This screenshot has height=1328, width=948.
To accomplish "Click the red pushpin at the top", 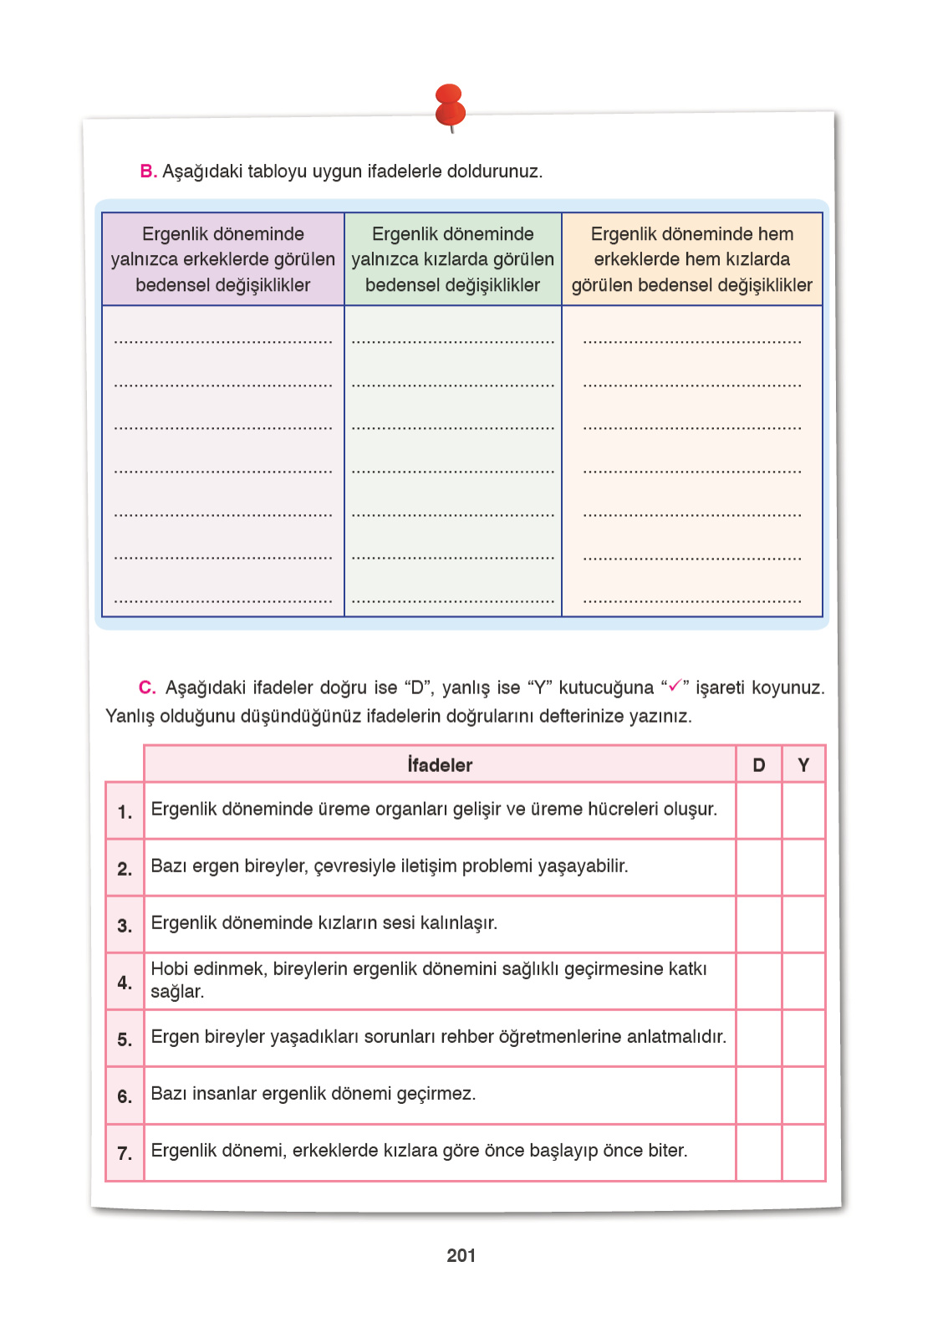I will tap(450, 106).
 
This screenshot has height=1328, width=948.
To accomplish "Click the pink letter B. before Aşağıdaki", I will tap(148, 171).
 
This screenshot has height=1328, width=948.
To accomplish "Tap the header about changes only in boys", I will tap(223, 259).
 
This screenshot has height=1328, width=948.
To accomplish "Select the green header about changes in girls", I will tap(452, 259).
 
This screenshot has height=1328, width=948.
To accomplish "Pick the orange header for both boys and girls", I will tap(691, 259).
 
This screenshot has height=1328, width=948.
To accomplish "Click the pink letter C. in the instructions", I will tap(147, 687).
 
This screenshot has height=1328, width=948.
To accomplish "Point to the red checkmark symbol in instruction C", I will tap(675, 686).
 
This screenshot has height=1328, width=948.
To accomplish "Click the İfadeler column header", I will tap(440, 764).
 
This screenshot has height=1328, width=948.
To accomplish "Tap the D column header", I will tap(758, 764).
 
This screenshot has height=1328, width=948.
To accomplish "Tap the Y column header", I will tap(803, 764).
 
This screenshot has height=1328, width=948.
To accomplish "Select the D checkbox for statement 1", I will tap(758, 810).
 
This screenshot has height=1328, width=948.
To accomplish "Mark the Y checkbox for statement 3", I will tap(803, 924).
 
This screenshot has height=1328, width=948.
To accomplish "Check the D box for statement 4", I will tap(758, 981).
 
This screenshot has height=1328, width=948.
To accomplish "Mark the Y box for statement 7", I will tap(803, 1152).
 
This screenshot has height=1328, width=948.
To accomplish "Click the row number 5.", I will tap(125, 1039).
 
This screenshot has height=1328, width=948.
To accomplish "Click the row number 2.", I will tap(125, 869).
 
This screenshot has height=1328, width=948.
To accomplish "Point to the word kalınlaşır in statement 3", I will tap(458, 923).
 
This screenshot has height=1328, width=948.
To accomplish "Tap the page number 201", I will tap(461, 1255).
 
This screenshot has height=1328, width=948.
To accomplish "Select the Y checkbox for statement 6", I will tap(803, 1096).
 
